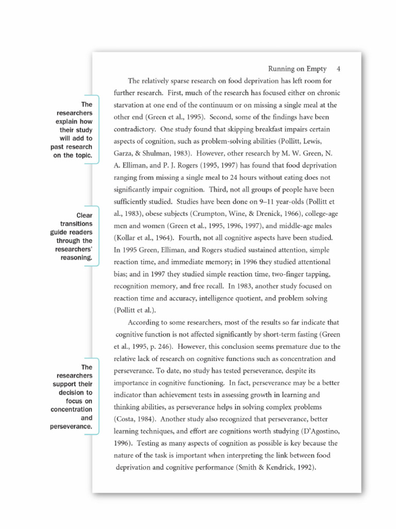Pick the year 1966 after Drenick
294,214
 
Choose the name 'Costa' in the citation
128,419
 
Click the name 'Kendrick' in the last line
274,468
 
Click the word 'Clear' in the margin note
85,215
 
